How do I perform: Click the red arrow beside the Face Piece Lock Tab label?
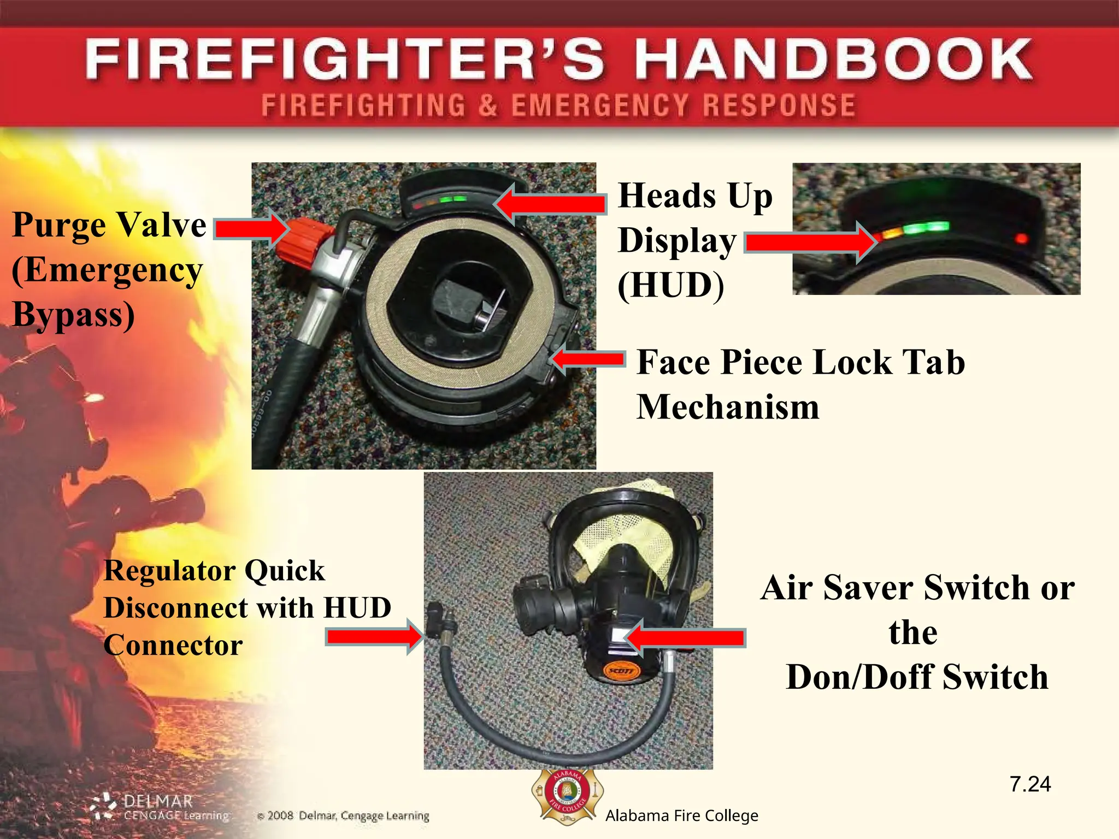(x=587, y=359)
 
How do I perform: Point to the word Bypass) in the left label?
(x=73, y=315)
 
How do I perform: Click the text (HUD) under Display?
(x=670, y=285)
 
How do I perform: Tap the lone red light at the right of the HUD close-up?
(x=1021, y=238)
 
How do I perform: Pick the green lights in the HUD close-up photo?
(x=927, y=227)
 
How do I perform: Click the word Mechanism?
(x=728, y=407)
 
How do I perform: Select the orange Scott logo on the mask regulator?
(x=622, y=670)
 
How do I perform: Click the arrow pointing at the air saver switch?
(x=686, y=637)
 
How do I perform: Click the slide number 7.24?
(x=1030, y=784)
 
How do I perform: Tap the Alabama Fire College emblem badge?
(x=568, y=797)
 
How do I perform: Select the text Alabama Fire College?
(x=681, y=816)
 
